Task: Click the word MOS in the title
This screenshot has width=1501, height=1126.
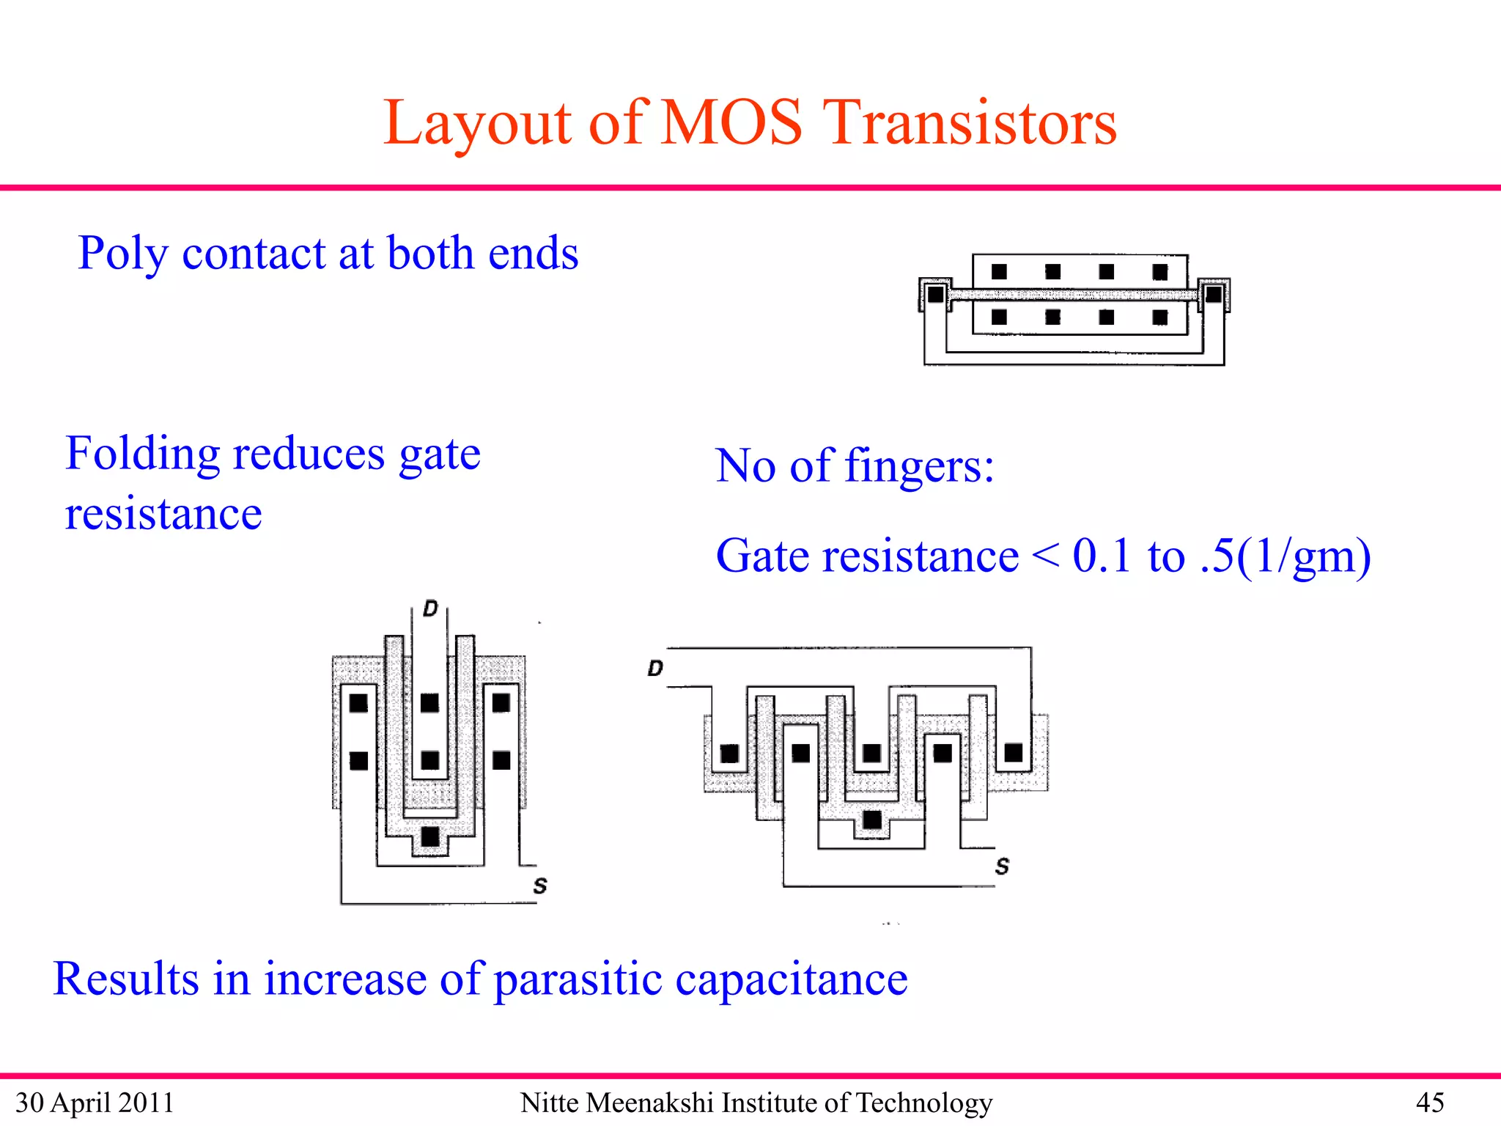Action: click(x=731, y=122)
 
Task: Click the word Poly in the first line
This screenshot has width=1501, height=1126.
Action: click(x=122, y=254)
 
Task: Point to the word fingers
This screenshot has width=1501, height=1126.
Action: click(x=919, y=466)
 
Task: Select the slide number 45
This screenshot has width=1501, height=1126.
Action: click(x=1429, y=1103)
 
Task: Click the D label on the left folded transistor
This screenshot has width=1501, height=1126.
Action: click(x=430, y=608)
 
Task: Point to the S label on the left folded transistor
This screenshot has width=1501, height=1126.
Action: click(x=540, y=886)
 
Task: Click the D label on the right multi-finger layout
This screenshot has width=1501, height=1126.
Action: click(x=655, y=668)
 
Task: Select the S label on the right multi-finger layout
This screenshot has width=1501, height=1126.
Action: click(x=1002, y=866)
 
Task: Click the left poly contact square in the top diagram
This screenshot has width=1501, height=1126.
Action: click(x=936, y=295)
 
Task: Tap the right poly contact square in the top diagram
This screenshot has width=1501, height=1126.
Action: click(x=1214, y=295)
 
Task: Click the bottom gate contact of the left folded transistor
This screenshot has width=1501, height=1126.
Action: click(x=430, y=836)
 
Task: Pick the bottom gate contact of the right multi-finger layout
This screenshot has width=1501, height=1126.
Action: click(x=872, y=820)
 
